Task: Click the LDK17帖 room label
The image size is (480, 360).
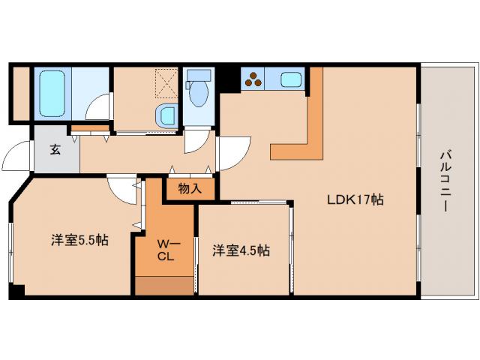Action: (x=355, y=200)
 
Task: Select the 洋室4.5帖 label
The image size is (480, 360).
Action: (x=240, y=251)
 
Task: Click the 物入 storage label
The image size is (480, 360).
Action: (x=190, y=188)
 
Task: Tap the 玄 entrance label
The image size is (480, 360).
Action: (x=55, y=148)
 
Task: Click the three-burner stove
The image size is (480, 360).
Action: (x=253, y=78)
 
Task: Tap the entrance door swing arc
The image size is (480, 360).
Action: (x=16, y=157)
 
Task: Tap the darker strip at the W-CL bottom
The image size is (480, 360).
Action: (x=164, y=286)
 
